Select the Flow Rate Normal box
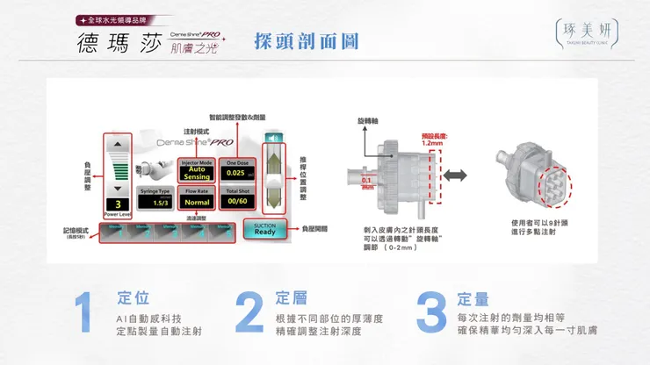tap(197, 201)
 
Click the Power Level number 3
tap(118, 203)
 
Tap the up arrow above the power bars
tap(119, 144)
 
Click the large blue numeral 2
tap(249, 312)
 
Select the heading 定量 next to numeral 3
tap(474, 298)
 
